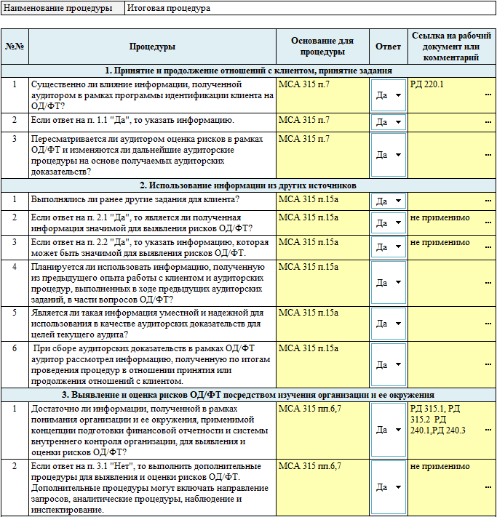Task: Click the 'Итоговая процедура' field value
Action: pos(169,9)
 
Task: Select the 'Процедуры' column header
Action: pos(152,47)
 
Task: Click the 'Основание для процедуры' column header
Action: pos(322,47)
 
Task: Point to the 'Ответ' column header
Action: pos(388,47)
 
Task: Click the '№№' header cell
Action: pos(15,47)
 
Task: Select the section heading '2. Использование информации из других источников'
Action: pos(248,185)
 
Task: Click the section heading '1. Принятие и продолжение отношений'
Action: pos(248,71)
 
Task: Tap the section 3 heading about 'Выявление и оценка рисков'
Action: pos(248,395)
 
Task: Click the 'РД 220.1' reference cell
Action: pos(427,84)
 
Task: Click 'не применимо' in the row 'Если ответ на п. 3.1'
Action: pos(440,465)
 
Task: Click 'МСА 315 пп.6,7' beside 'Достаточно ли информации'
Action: pos(309,409)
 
